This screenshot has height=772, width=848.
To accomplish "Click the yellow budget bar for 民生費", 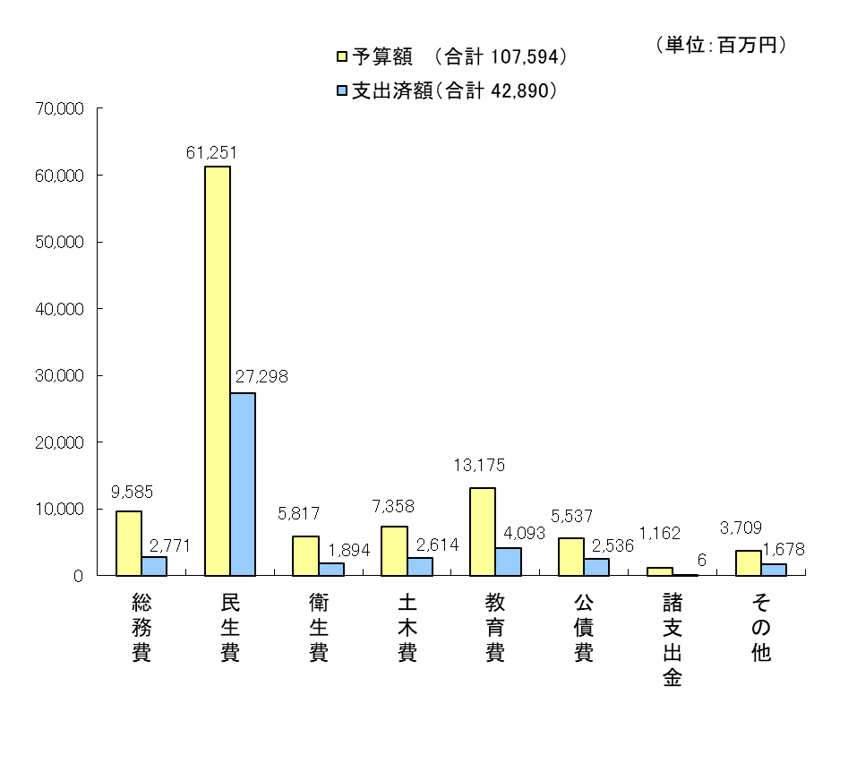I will pyautogui.click(x=218, y=371).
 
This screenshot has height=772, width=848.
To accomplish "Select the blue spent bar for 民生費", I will pyautogui.click(x=243, y=484).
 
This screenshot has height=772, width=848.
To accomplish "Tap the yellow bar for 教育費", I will pyautogui.click(x=483, y=531).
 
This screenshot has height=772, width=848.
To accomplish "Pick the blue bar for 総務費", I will pyautogui.click(x=154, y=566).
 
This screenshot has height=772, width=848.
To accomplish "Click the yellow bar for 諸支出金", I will pyautogui.click(x=660, y=571).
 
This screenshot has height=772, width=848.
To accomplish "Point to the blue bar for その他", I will pyautogui.click(x=773, y=570).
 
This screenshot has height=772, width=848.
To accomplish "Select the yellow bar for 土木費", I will pyautogui.click(x=394, y=551).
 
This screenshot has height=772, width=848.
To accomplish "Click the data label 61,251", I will pyautogui.click(x=211, y=153).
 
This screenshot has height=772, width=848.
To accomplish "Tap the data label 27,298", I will pyautogui.click(x=261, y=377).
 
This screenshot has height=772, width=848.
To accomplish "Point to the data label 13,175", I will pyautogui.click(x=480, y=466).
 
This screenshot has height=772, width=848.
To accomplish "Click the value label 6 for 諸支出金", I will pyautogui.click(x=701, y=560).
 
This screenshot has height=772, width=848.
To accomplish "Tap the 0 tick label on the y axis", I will pyautogui.click(x=79, y=576).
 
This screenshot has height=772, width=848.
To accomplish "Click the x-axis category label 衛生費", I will pyautogui.click(x=318, y=627).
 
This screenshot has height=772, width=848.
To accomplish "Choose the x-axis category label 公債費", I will pyautogui.click(x=584, y=627).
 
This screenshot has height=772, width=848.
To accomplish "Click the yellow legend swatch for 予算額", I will pyautogui.click(x=341, y=57).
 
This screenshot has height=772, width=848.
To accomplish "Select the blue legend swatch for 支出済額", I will pyautogui.click(x=341, y=90).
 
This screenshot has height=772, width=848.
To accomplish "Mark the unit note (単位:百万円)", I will pyautogui.click(x=722, y=46).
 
